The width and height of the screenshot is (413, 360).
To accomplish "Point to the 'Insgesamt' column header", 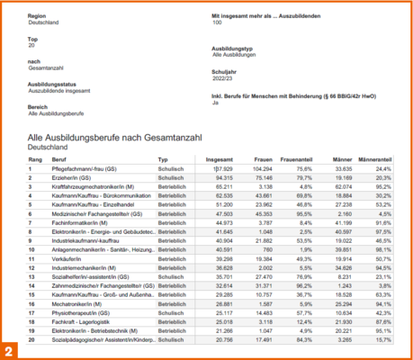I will coord(220,158).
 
